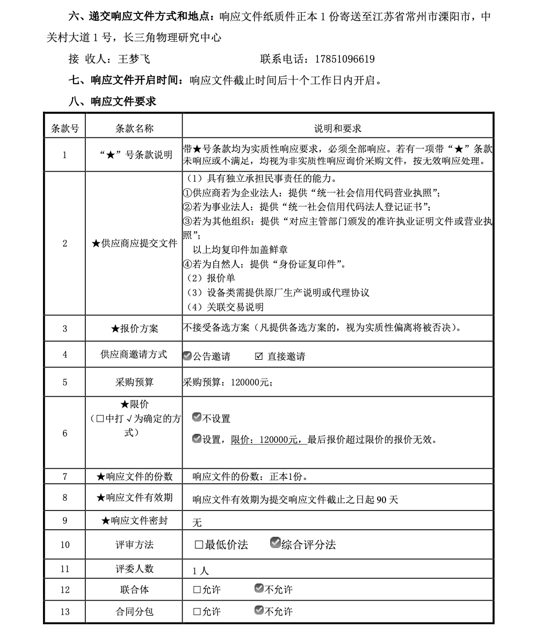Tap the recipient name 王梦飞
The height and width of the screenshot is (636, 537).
(x=134, y=59)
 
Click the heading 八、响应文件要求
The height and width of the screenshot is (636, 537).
(x=112, y=101)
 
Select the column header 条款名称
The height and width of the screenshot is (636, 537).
(x=134, y=128)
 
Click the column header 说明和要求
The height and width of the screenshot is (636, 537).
(x=337, y=128)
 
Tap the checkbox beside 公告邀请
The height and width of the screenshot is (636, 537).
(x=187, y=356)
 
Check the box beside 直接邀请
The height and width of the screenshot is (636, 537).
(x=259, y=356)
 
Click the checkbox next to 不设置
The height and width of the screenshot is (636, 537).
(x=197, y=417)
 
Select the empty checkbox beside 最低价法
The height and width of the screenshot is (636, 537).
(x=199, y=545)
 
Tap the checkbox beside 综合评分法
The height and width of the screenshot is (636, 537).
(x=275, y=543)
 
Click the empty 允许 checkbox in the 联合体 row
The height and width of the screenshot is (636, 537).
(x=197, y=590)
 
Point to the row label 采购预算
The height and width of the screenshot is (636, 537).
(x=134, y=382)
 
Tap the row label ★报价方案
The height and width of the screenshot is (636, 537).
(x=134, y=328)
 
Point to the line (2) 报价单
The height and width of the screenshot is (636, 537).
(x=211, y=278)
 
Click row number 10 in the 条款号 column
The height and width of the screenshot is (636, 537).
(x=65, y=545)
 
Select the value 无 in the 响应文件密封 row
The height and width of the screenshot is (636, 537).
(x=197, y=522)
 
